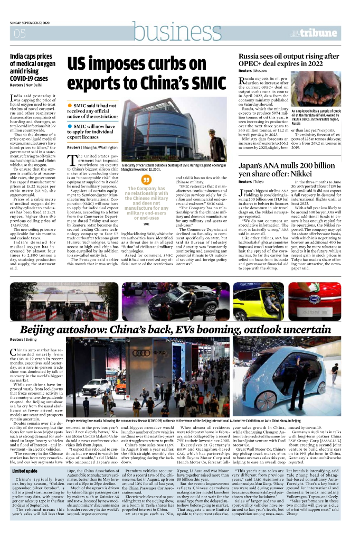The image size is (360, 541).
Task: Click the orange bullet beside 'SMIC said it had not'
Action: [70, 106]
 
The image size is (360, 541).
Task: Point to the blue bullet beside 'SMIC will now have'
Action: [70, 126]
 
